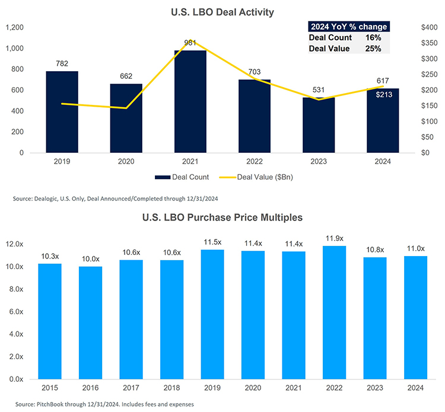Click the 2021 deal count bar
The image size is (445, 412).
click(x=190, y=101)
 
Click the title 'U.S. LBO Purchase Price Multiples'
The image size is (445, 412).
click(x=223, y=218)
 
